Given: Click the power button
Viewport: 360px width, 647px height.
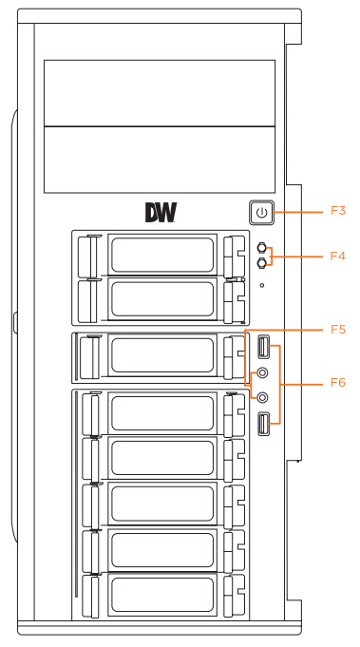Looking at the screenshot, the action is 262,213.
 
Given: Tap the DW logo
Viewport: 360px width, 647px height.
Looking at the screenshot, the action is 161,213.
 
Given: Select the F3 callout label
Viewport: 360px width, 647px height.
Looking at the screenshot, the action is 338,211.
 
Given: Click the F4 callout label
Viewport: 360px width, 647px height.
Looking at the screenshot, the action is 338,257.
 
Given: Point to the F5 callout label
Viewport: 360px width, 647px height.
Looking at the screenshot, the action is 338,330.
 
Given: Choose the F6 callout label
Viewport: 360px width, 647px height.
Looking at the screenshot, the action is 338,383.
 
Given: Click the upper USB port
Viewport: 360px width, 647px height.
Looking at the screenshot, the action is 263,347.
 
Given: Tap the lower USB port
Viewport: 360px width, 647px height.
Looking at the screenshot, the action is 263,424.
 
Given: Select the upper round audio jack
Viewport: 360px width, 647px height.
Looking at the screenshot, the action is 263,373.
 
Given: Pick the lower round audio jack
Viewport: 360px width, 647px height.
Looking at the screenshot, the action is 263,397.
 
